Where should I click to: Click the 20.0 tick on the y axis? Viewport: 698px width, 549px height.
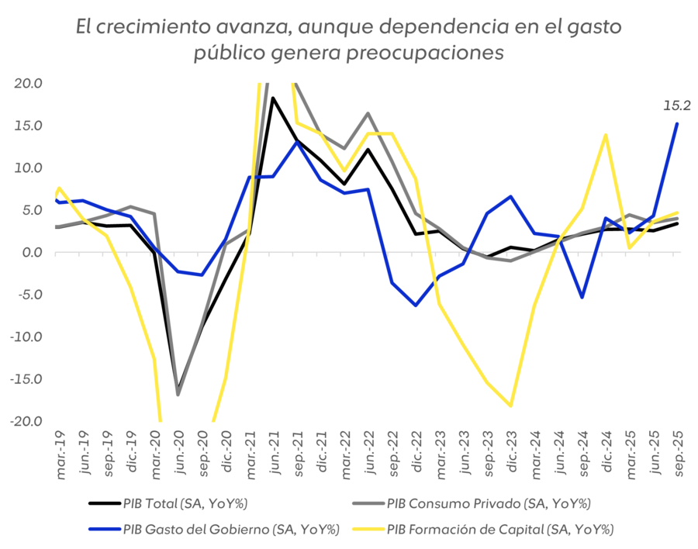point(29,84)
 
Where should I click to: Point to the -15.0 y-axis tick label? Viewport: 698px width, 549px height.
point(27,379)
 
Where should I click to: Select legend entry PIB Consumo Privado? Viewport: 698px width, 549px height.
point(489,504)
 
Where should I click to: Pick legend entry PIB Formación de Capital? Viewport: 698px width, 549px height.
point(500,530)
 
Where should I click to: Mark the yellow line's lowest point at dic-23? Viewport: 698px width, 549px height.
point(510,406)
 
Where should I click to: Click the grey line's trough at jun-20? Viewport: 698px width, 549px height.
point(178,395)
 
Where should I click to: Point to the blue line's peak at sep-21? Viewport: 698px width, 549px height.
point(296,142)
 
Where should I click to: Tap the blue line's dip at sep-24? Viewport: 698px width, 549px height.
point(582,298)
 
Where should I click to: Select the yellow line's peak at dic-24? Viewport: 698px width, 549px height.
point(605,134)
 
